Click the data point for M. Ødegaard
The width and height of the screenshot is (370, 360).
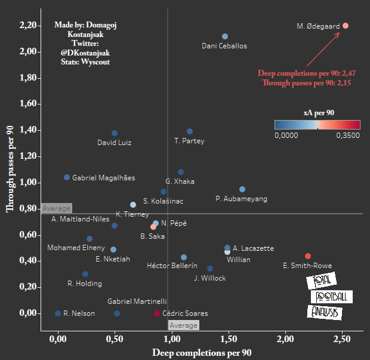click(346, 26)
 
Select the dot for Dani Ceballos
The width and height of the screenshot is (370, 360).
click(224, 36)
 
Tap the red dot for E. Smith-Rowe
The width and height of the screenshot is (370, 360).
click(308, 256)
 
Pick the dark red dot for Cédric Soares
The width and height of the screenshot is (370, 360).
click(157, 313)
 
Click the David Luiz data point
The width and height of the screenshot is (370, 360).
click(115, 133)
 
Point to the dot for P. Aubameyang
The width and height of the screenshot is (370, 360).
click(242, 189)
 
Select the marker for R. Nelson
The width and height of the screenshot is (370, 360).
click(58, 313)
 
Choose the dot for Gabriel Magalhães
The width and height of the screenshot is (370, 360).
click(67, 177)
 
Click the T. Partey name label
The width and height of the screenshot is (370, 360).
click(189, 141)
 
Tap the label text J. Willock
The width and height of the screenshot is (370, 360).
click(210, 278)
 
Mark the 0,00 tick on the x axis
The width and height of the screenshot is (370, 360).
click(58, 339)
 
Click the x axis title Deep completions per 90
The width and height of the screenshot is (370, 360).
click(202, 353)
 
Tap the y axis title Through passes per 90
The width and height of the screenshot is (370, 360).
click(10, 170)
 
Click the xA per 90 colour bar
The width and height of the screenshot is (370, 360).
click(317, 124)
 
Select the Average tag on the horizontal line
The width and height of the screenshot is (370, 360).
click(56, 208)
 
